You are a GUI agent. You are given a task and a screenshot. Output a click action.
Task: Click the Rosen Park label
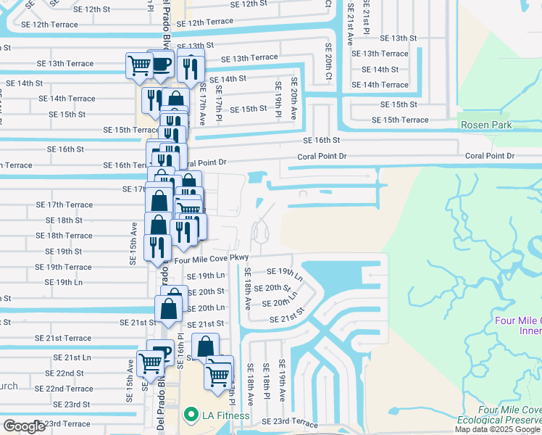[486, 125]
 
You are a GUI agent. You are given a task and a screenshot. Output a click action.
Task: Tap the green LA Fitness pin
[191, 415]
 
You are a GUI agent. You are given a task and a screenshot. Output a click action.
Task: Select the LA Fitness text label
[225, 415]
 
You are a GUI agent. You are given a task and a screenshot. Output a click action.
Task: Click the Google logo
[24, 426]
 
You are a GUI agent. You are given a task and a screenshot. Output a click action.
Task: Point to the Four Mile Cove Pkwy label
[212, 257]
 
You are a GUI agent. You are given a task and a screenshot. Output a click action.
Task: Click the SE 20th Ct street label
[328, 67]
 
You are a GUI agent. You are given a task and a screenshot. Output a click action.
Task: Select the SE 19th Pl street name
[278, 101]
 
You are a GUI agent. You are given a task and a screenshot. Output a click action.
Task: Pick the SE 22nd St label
[64, 373]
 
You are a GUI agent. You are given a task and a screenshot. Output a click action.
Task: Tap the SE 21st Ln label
[72, 357]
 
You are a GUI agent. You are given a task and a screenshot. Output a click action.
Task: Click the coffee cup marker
[161, 64]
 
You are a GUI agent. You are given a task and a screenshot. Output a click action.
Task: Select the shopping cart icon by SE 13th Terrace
[138, 65]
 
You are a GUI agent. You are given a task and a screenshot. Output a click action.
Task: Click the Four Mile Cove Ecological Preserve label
[500, 419]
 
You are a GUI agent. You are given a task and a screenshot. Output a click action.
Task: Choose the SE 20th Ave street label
[294, 99]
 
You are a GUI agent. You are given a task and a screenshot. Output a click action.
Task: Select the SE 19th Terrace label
[68, 267]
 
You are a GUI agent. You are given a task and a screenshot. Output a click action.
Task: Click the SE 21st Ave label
[350, 25]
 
